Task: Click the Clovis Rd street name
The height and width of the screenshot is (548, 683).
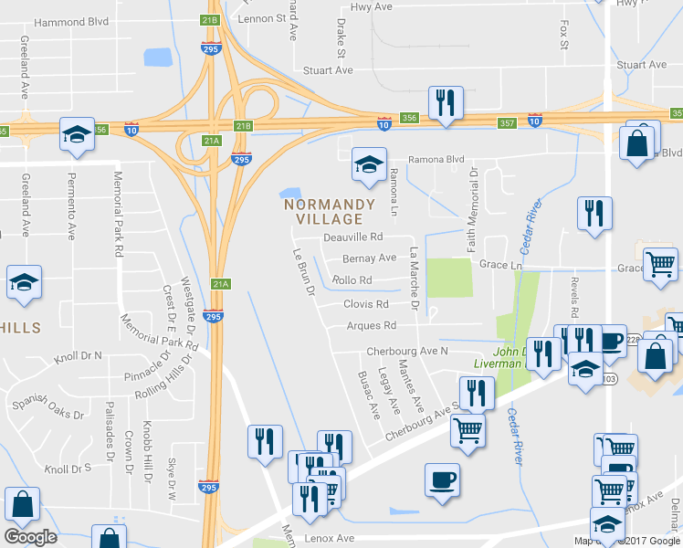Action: pyautogui.click(x=366, y=304)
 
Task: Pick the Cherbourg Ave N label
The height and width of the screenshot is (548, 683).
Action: pyautogui.click(x=407, y=351)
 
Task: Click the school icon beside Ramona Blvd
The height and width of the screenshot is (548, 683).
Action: pyautogui.click(x=368, y=166)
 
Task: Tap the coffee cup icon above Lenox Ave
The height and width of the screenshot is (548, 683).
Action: pyautogui.click(x=442, y=480)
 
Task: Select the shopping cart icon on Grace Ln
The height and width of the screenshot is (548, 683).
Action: pyautogui.click(x=661, y=266)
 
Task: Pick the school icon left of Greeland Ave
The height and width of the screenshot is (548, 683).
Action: pyautogui.click(x=24, y=283)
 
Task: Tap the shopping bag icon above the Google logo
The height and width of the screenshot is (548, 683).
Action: pyautogui.click(x=22, y=504)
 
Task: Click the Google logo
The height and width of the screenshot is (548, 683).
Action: pyautogui.click(x=30, y=537)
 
